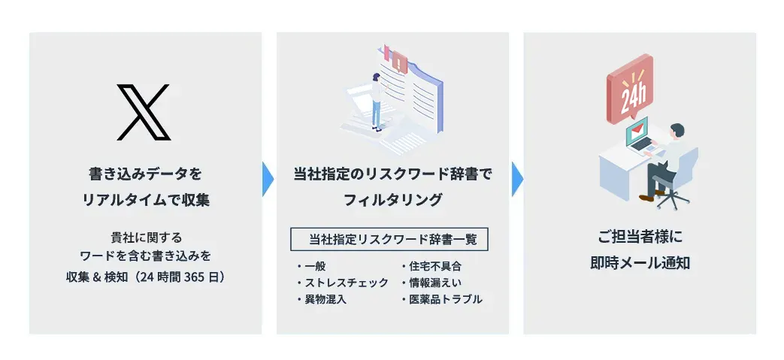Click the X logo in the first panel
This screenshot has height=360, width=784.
(x=144, y=112)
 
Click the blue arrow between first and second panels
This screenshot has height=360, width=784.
(x=268, y=179)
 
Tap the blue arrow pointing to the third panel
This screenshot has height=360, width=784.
(x=516, y=179)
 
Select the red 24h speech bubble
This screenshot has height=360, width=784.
(x=629, y=89)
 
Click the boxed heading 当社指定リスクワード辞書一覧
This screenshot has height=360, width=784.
(x=389, y=240)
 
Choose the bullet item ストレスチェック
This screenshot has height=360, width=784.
(x=342, y=283)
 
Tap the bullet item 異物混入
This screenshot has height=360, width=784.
(x=322, y=300)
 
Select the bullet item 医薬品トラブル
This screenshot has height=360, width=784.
(x=441, y=300)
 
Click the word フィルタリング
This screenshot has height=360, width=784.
(x=392, y=200)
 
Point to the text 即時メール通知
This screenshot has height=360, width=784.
(x=640, y=263)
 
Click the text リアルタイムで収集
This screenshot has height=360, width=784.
(x=146, y=200)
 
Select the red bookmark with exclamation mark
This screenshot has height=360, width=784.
(x=399, y=62)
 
